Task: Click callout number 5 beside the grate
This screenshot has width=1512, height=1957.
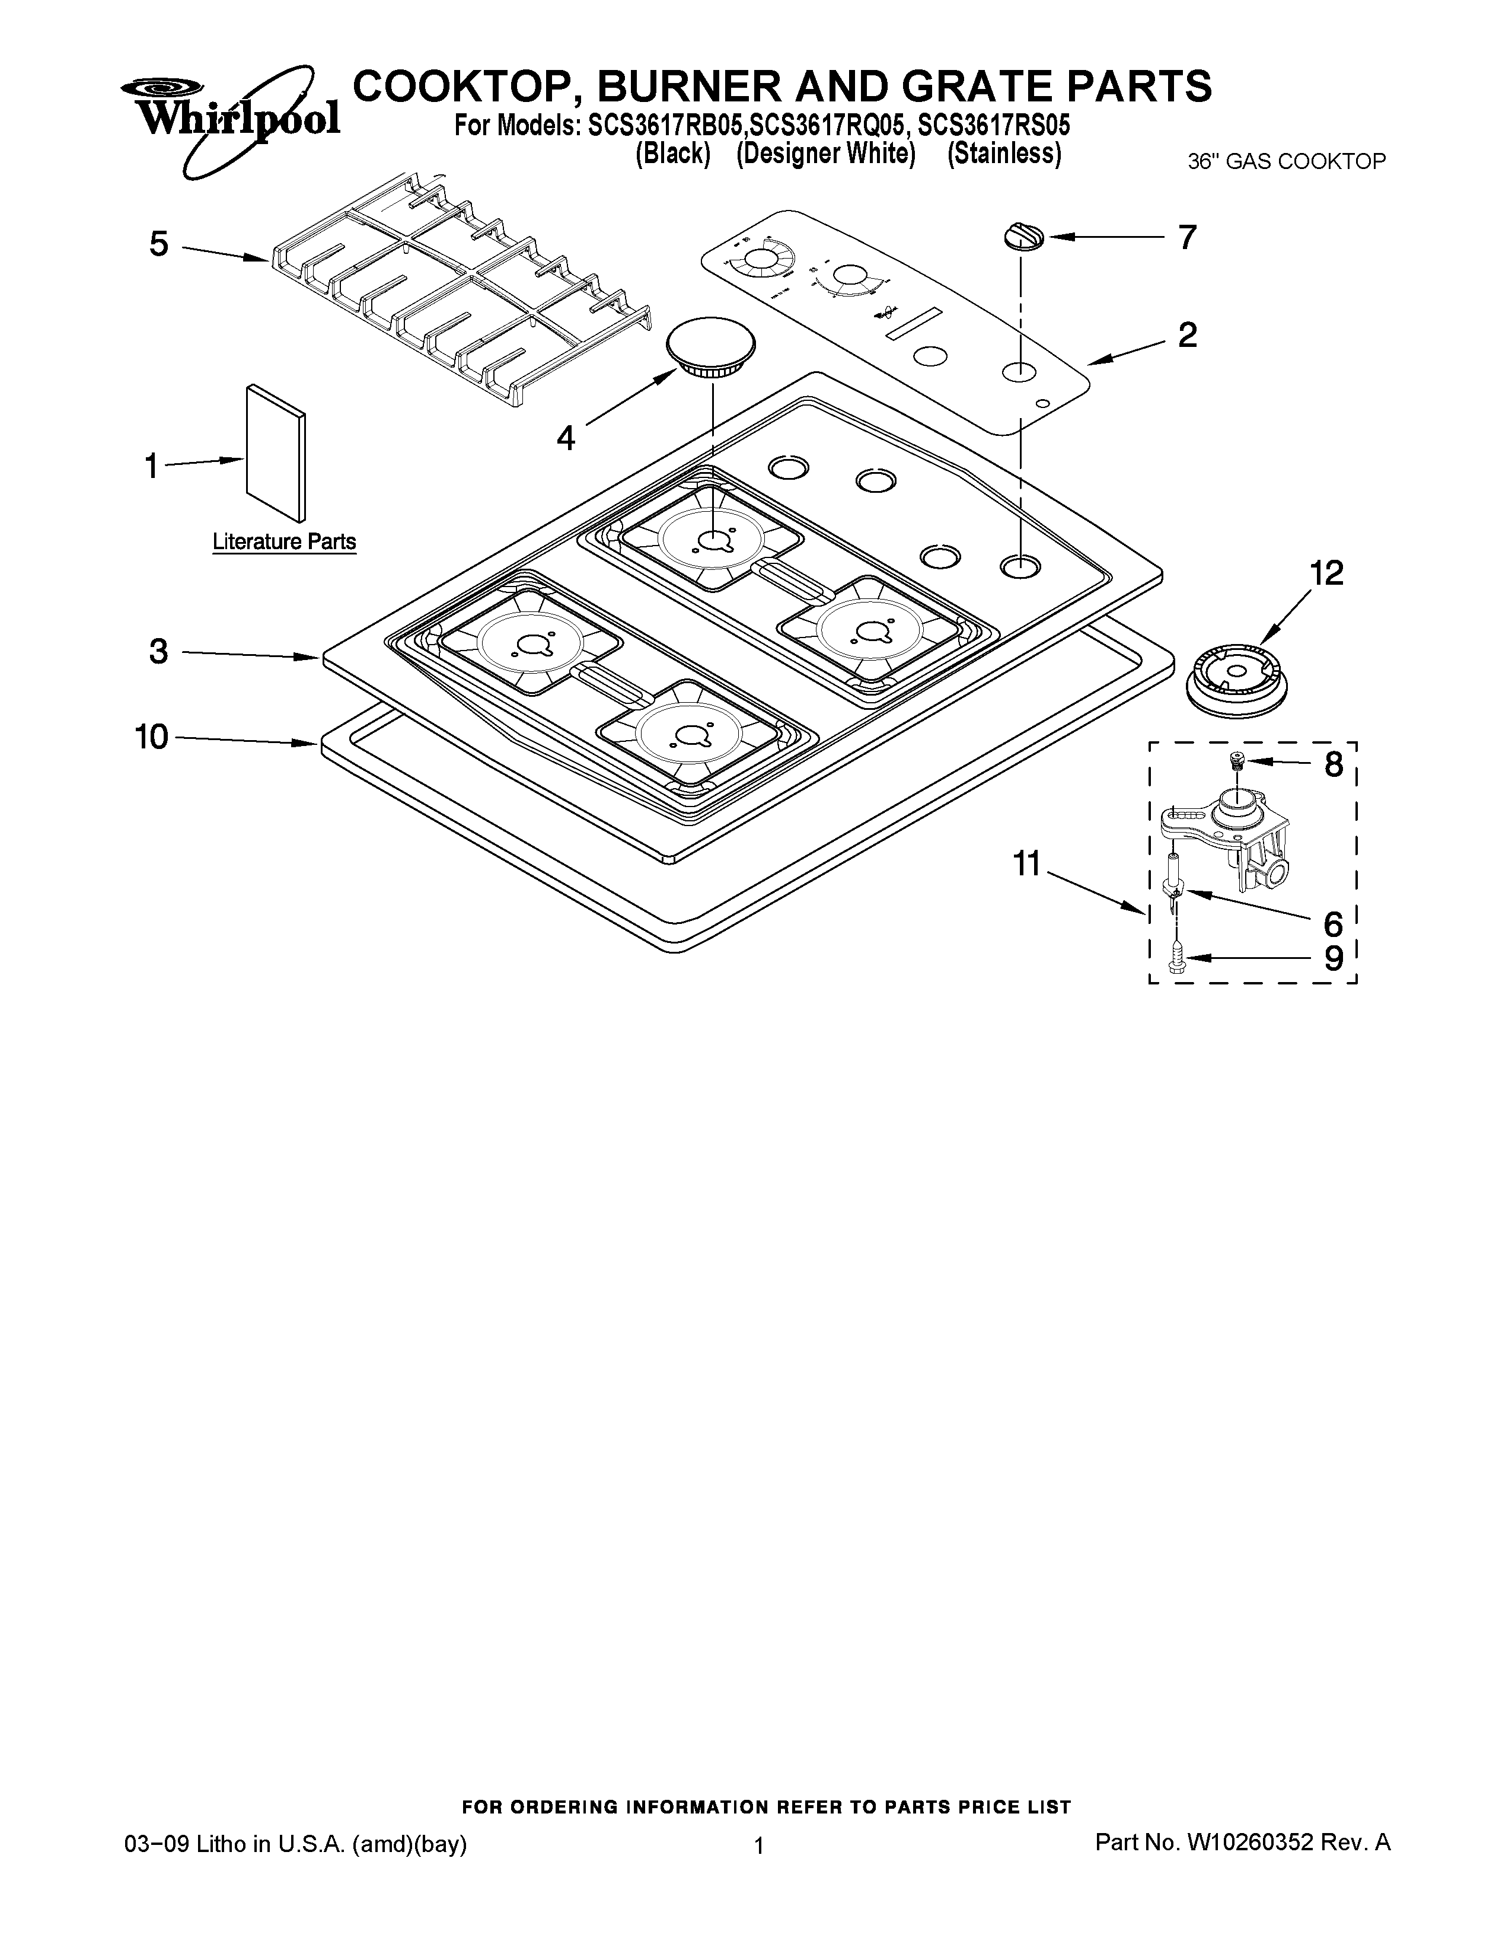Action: (x=158, y=244)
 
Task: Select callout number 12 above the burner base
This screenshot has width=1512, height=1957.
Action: (x=1326, y=573)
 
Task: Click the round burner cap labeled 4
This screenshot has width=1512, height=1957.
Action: (x=711, y=345)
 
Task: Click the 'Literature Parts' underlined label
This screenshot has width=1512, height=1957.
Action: (x=284, y=542)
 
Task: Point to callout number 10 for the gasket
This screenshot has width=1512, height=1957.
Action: (x=151, y=737)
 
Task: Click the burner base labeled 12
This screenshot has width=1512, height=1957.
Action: (x=1238, y=680)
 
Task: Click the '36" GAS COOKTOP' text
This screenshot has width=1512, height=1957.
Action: (x=1286, y=162)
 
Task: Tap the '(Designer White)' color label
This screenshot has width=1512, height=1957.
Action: (x=825, y=155)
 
